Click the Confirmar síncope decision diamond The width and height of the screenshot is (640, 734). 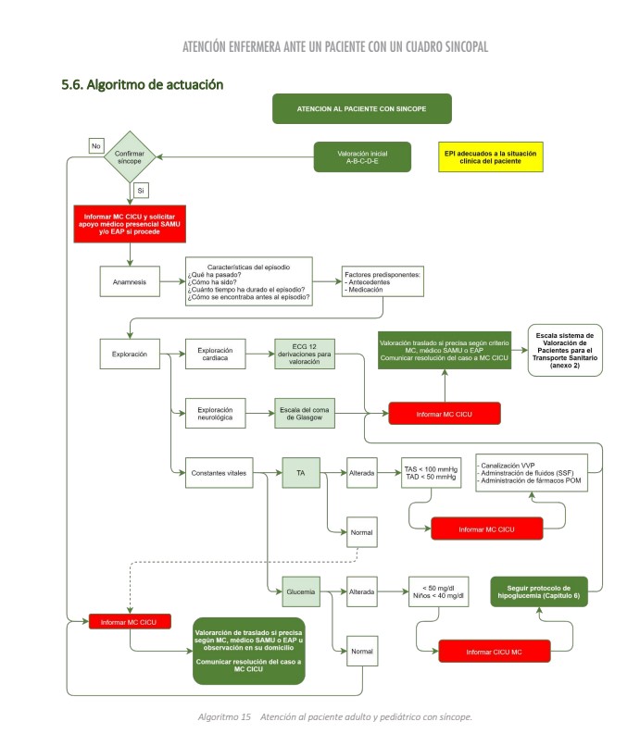pyautogui.click(x=130, y=156)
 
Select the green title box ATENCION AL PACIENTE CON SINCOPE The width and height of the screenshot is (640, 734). pyautogui.click(x=361, y=108)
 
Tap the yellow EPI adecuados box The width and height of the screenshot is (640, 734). pyautogui.click(x=489, y=156)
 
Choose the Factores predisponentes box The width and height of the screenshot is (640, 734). pyautogui.click(x=383, y=282)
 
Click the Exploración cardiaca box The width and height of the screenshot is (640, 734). pyautogui.click(x=217, y=355)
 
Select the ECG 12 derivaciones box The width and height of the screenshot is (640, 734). pyautogui.click(x=304, y=356)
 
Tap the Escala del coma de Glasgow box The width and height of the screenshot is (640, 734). pyautogui.click(x=304, y=413)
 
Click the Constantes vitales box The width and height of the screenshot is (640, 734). pyautogui.click(x=217, y=472)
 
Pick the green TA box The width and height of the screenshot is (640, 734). pyautogui.click(x=301, y=472)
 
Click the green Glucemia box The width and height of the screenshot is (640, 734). pyautogui.click(x=301, y=591)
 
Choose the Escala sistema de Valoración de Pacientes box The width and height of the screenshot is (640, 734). pyautogui.click(x=565, y=349)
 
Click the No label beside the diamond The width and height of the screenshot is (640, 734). pyautogui.click(x=95, y=144)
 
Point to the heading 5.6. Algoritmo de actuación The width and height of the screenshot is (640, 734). pyautogui.click(x=142, y=84)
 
